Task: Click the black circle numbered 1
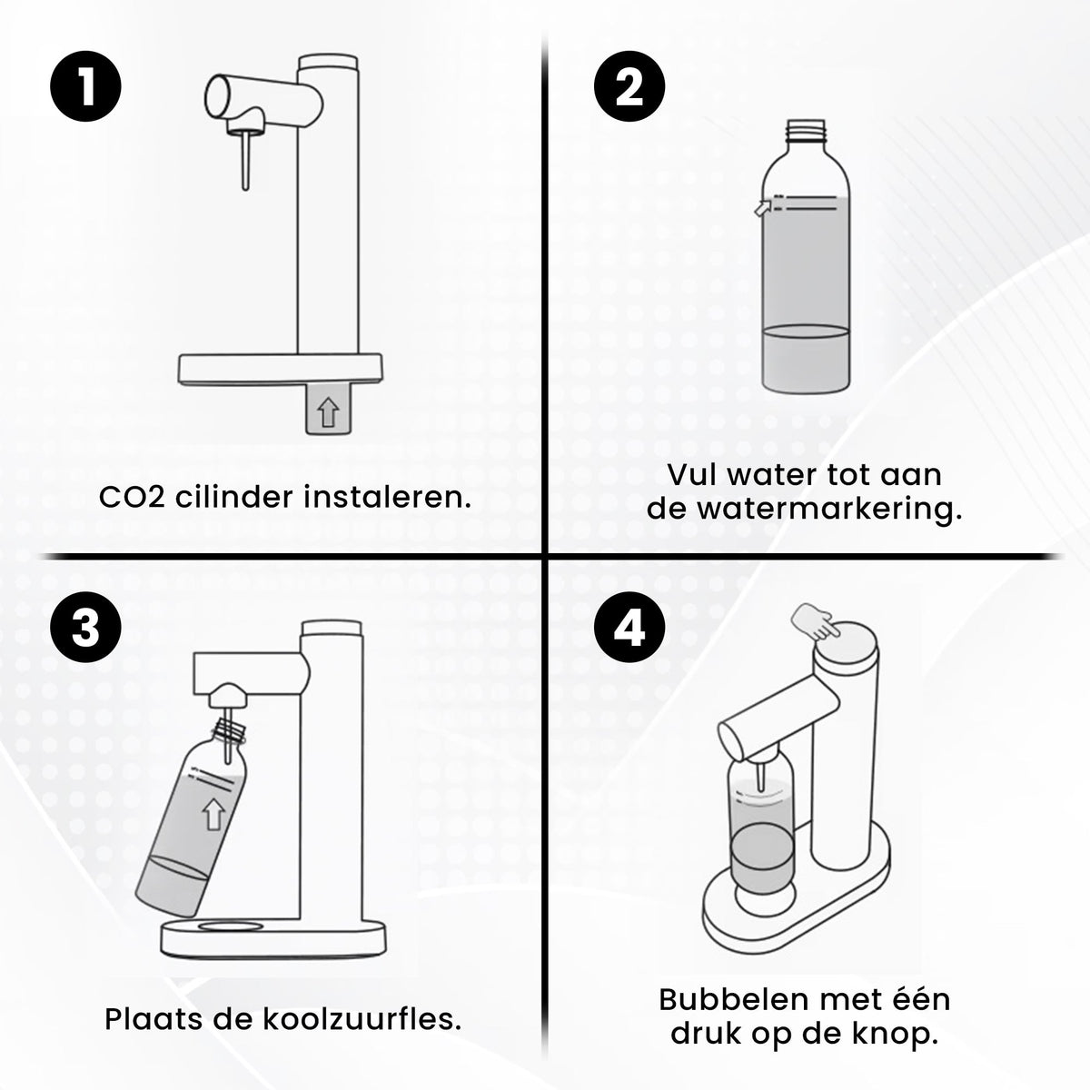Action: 85,87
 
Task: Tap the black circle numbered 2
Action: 629,87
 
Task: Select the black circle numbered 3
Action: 85,629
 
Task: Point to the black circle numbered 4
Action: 629,629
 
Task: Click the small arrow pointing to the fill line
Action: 761,208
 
